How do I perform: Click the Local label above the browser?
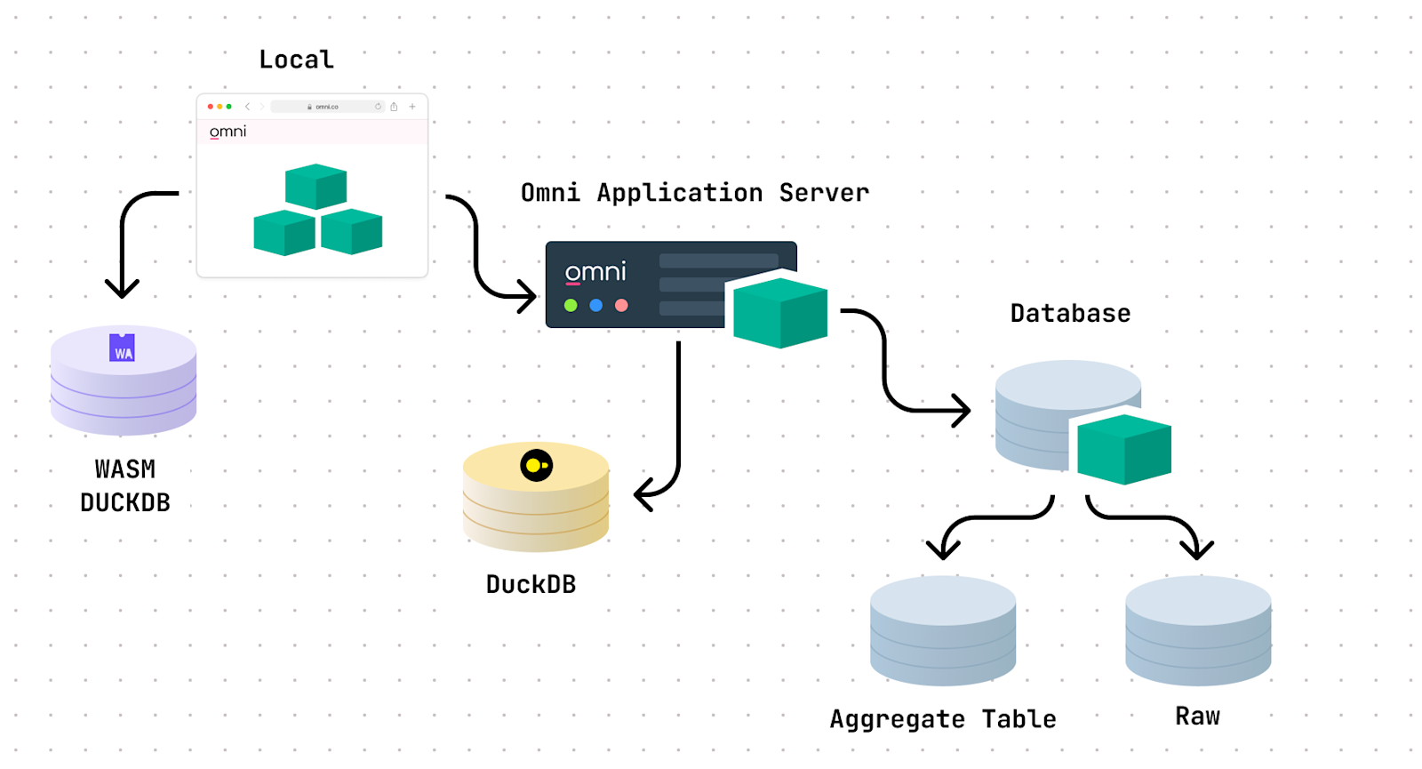[296, 60]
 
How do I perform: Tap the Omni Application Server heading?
[694, 193]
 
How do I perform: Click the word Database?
[1070, 313]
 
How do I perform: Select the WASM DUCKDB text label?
[125, 485]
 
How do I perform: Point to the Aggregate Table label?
[943, 718]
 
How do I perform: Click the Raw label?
[1197, 716]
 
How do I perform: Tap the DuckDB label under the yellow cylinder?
[531, 584]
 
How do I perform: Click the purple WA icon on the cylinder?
[122, 348]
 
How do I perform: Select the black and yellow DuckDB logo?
[537, 465]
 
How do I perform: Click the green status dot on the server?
[571, 306]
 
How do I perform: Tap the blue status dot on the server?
[596, 306]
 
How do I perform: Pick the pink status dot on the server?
[621, 306]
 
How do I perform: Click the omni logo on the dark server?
[595, 272]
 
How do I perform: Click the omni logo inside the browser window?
[228, 132]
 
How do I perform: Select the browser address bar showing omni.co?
[326, 107]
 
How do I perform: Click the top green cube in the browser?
[316, 186]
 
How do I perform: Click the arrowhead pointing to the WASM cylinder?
[122, 288]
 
